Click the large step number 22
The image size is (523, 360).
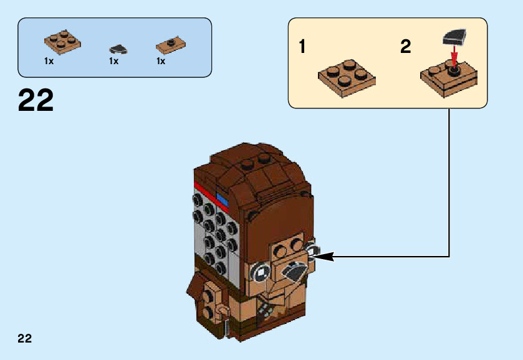(36, 101)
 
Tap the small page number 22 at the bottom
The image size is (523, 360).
(25, 339)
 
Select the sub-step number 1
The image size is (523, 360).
(302, 47)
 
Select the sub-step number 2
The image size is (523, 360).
(406, 47)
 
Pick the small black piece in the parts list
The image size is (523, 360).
(117, 49)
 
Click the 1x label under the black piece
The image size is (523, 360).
(113, 61)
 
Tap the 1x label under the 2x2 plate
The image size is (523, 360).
(49, 61)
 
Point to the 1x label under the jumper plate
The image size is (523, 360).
(161, 61)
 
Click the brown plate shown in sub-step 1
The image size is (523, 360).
(347, 78)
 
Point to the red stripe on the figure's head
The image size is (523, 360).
(212, 194)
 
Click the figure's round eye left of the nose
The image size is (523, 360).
(262, 272)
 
